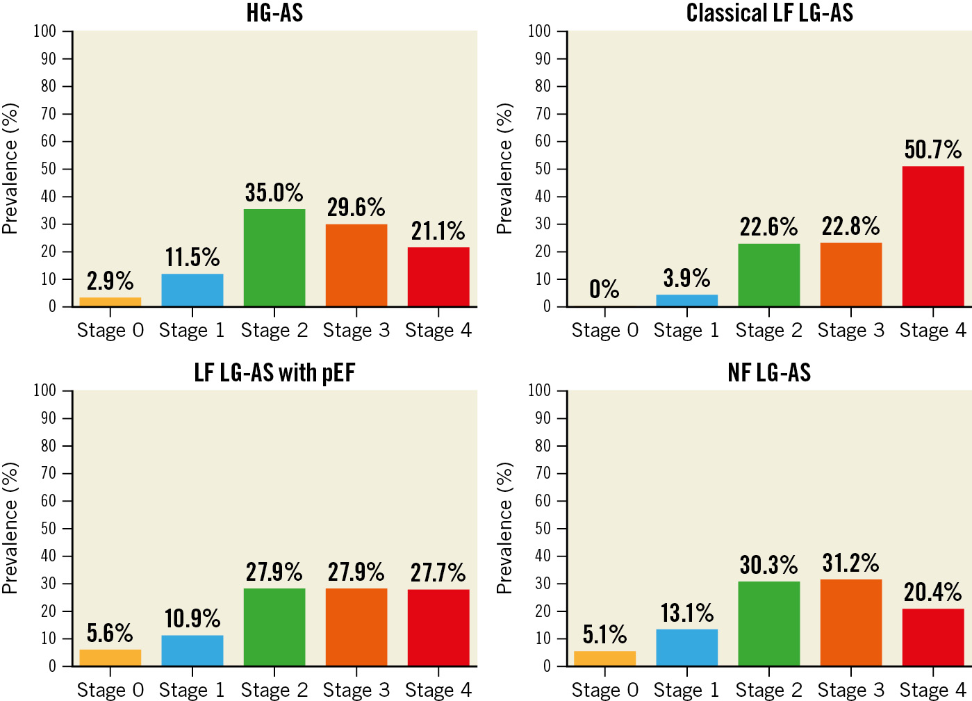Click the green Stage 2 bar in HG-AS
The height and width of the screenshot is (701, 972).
pyautogui.click(x=274, y=258)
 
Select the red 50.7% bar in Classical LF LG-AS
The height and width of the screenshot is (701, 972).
pyautogui.click(x=933, y=236)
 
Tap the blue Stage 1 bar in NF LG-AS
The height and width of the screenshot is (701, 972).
pyautogui.click(x=686, y=648)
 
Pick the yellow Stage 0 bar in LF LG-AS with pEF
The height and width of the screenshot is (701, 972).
pyautogui.click(x=110, y=658)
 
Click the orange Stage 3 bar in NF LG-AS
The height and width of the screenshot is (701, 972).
pyautogui.click(x=851, y=622)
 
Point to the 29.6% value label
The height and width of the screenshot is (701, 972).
pyautogui.click(x=356, y=207)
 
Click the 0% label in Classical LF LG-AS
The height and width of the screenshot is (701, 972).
pyautogui.click(x=604, y=289)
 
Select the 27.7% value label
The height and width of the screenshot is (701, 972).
pyautogui.click(x=438, y=572)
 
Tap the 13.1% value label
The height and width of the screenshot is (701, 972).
pyautogui.click(x=686, y=613)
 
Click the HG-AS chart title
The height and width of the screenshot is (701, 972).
pyautogui.click(x=274, y=13)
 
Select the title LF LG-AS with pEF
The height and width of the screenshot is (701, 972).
pyautogui.click(x=274, y=373)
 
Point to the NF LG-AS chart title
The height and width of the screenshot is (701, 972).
pyautogui.click(x=769, y=373)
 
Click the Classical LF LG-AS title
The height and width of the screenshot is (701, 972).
pyautogui.click(x=769, y=13)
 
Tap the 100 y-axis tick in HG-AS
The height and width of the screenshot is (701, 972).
pyautogui.click(x=45, y=31)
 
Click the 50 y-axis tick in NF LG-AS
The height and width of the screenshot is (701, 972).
pyautogui.click(x=540, y=529)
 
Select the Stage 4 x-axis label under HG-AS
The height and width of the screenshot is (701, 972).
pyautogui.click(x=438, y=331)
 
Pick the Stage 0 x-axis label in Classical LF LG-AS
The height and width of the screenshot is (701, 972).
pyautogui.click(x=604, y=331)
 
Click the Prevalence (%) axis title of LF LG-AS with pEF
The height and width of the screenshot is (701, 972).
pyautogui.click(x=10, y=528)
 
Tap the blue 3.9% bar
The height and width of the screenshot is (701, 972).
pyautogui.click(x=686, y=300)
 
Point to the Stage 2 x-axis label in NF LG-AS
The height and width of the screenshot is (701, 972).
pyautogui.click(x=769, y=690)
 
